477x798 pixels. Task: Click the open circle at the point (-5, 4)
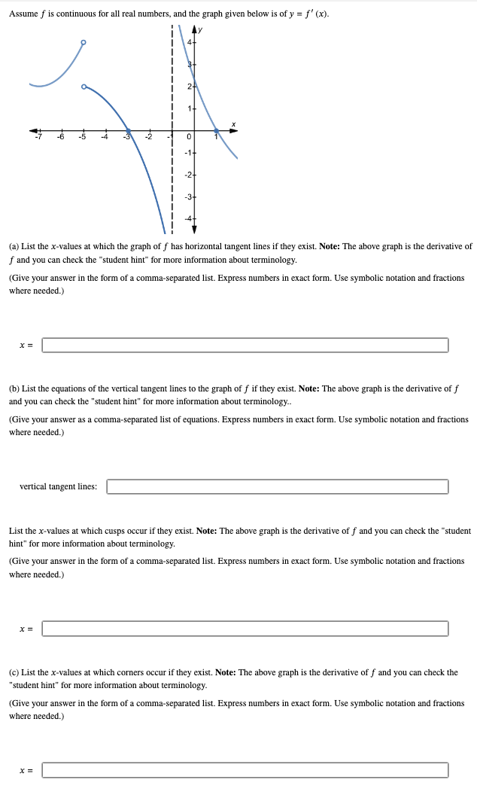pos(84,42)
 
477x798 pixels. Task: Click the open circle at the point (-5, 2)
pos(84,87)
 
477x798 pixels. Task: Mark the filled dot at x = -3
pos(128,130)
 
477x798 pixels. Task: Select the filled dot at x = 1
pos(217,130)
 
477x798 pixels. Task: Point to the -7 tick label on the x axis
pos(39,137)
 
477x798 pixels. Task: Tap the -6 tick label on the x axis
pos(61,137)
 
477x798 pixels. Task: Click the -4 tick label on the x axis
pos(105,137)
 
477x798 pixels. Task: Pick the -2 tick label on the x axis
pos(149,137)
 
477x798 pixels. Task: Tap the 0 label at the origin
pos(190,137)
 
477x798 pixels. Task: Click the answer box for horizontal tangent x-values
pos(245,345)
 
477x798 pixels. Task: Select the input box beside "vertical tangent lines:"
pos(277,486)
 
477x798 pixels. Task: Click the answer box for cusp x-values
pos(245,628)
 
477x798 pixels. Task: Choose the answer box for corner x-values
pos(245,769)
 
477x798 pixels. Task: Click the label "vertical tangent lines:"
pos(58,486)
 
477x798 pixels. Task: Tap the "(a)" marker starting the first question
pos(14,246)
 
